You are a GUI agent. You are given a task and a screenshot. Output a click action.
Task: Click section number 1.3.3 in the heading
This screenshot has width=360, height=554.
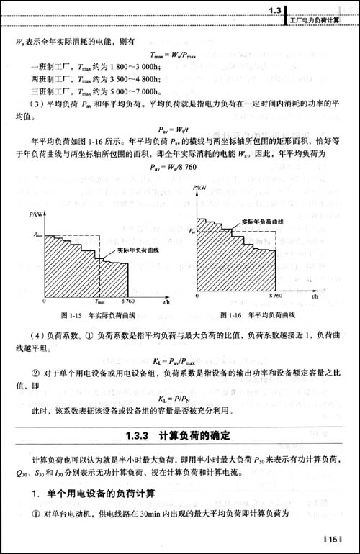tap(137, 435)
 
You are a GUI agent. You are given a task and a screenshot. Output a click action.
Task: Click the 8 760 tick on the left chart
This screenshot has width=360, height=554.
tap(128, 303)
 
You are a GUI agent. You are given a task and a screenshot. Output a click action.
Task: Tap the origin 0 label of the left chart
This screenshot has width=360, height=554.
tap(45, 303)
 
